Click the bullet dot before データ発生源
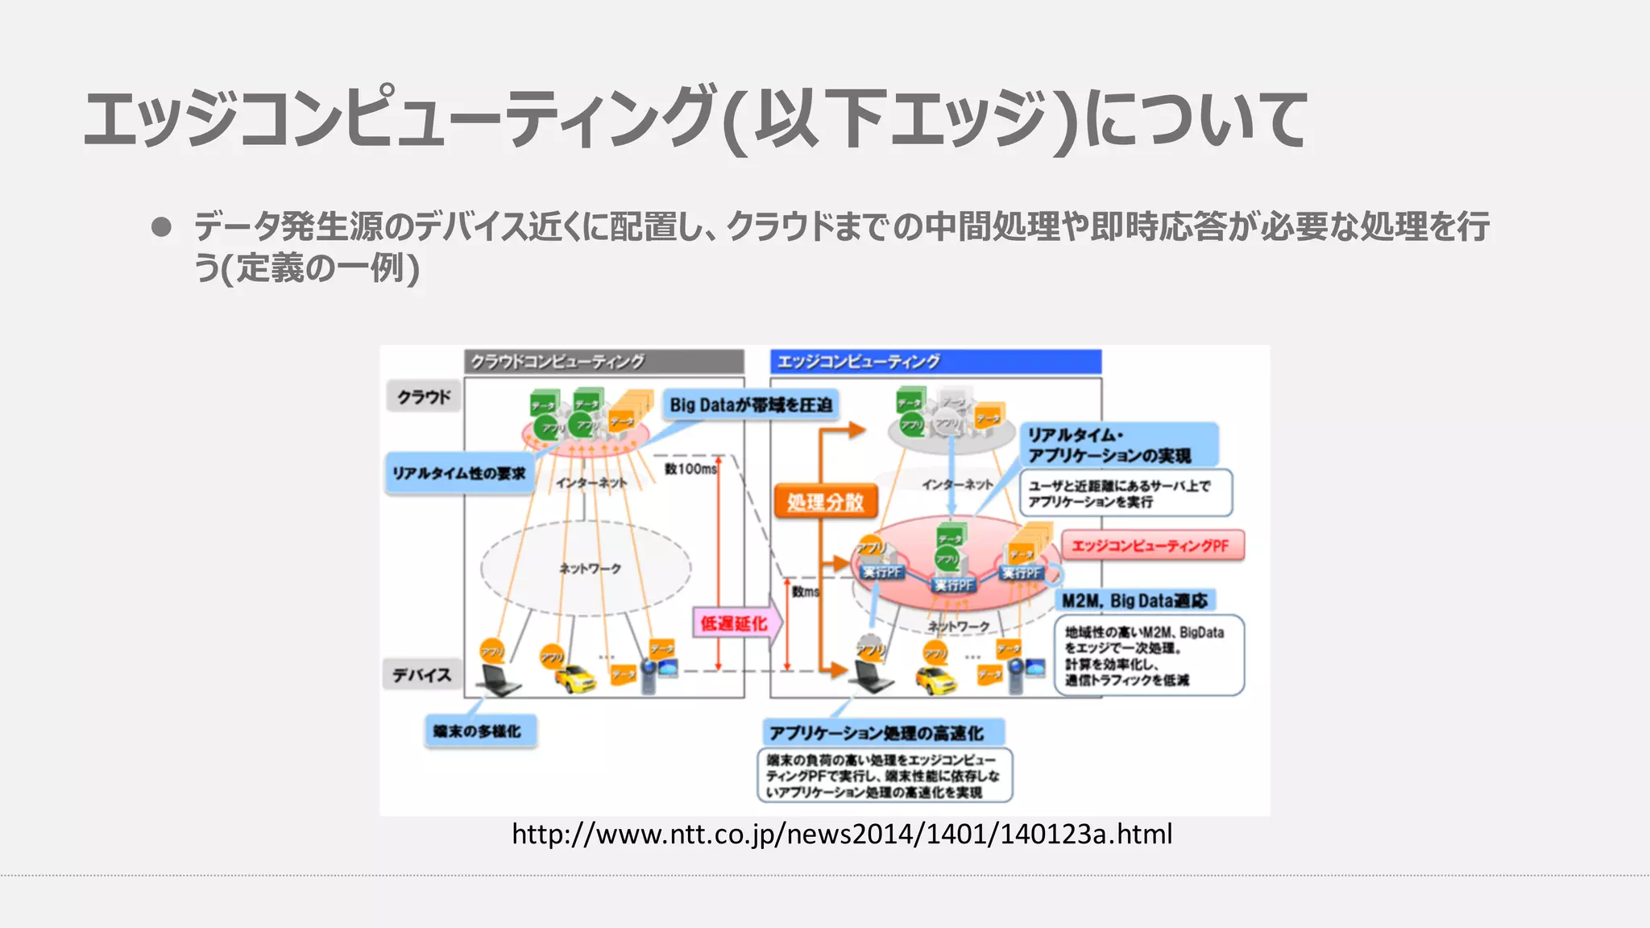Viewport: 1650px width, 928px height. point(161,226)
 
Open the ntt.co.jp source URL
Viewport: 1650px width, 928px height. point(842,834)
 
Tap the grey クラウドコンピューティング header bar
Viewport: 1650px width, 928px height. point(603,362)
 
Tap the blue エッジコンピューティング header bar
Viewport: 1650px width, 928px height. point(935,362)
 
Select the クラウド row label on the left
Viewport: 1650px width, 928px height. point(424,396)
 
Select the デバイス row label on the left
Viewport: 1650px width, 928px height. point(421,675)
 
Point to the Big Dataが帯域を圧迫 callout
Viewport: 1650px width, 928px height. point(750,404)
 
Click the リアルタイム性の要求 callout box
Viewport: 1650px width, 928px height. point(458,473)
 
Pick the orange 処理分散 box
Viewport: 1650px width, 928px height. point(825,502)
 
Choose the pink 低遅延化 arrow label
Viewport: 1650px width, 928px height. point(733,623)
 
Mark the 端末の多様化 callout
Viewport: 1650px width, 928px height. point(480,731)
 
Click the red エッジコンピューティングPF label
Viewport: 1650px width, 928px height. point(1151,545)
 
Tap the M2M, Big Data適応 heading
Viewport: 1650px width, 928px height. point(1134,600)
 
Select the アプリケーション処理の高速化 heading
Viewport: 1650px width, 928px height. point(882,733)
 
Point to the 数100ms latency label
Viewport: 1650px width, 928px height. point(690,468)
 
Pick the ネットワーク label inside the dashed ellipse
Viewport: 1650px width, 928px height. point(590,569)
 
